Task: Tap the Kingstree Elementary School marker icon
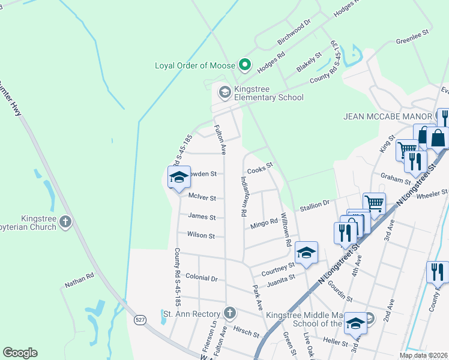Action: [225, 92]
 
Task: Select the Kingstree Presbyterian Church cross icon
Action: [65, 223]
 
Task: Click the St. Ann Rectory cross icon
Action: [229, 313]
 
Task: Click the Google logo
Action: [20, 353]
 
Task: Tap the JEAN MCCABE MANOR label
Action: [387, 116]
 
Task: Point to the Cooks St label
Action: [261, 164]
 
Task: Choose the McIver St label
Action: [201, 197]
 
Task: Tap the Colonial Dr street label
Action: [201, 278]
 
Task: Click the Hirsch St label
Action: [247, 332]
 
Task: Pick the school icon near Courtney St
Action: [306, 253]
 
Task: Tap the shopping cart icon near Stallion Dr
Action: [375, 203]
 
